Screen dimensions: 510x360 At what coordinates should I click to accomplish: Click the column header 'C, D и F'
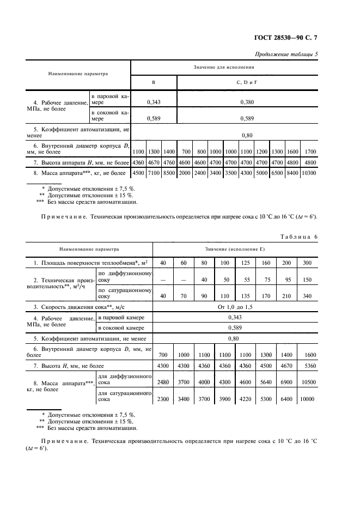(246, 81)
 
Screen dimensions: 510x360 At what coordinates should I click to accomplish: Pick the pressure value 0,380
(247, 101)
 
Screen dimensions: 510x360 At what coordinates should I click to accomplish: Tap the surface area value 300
(307, 263)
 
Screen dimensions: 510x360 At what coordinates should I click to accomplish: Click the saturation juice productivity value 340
(307, 297)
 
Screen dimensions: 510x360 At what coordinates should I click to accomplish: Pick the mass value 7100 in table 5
(154, 173)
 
